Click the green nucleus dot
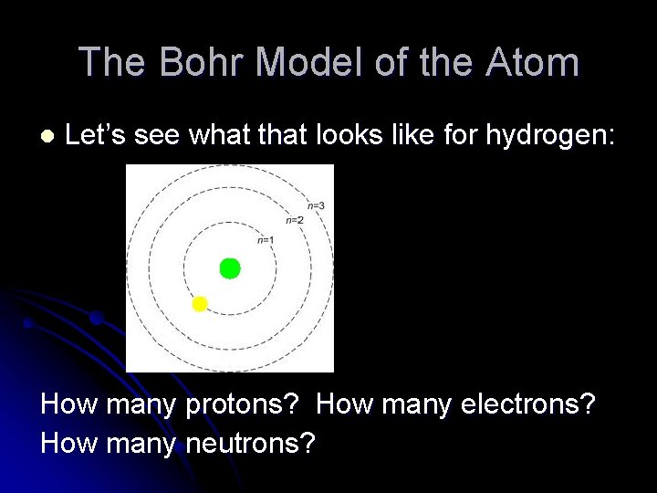[x=230, y=268]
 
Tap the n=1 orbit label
[x=265, y=240]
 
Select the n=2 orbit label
[x=294, y=220]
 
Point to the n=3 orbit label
[x=316, y=206]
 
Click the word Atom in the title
[x=534, y=62]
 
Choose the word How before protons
[x=69, y=404]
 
